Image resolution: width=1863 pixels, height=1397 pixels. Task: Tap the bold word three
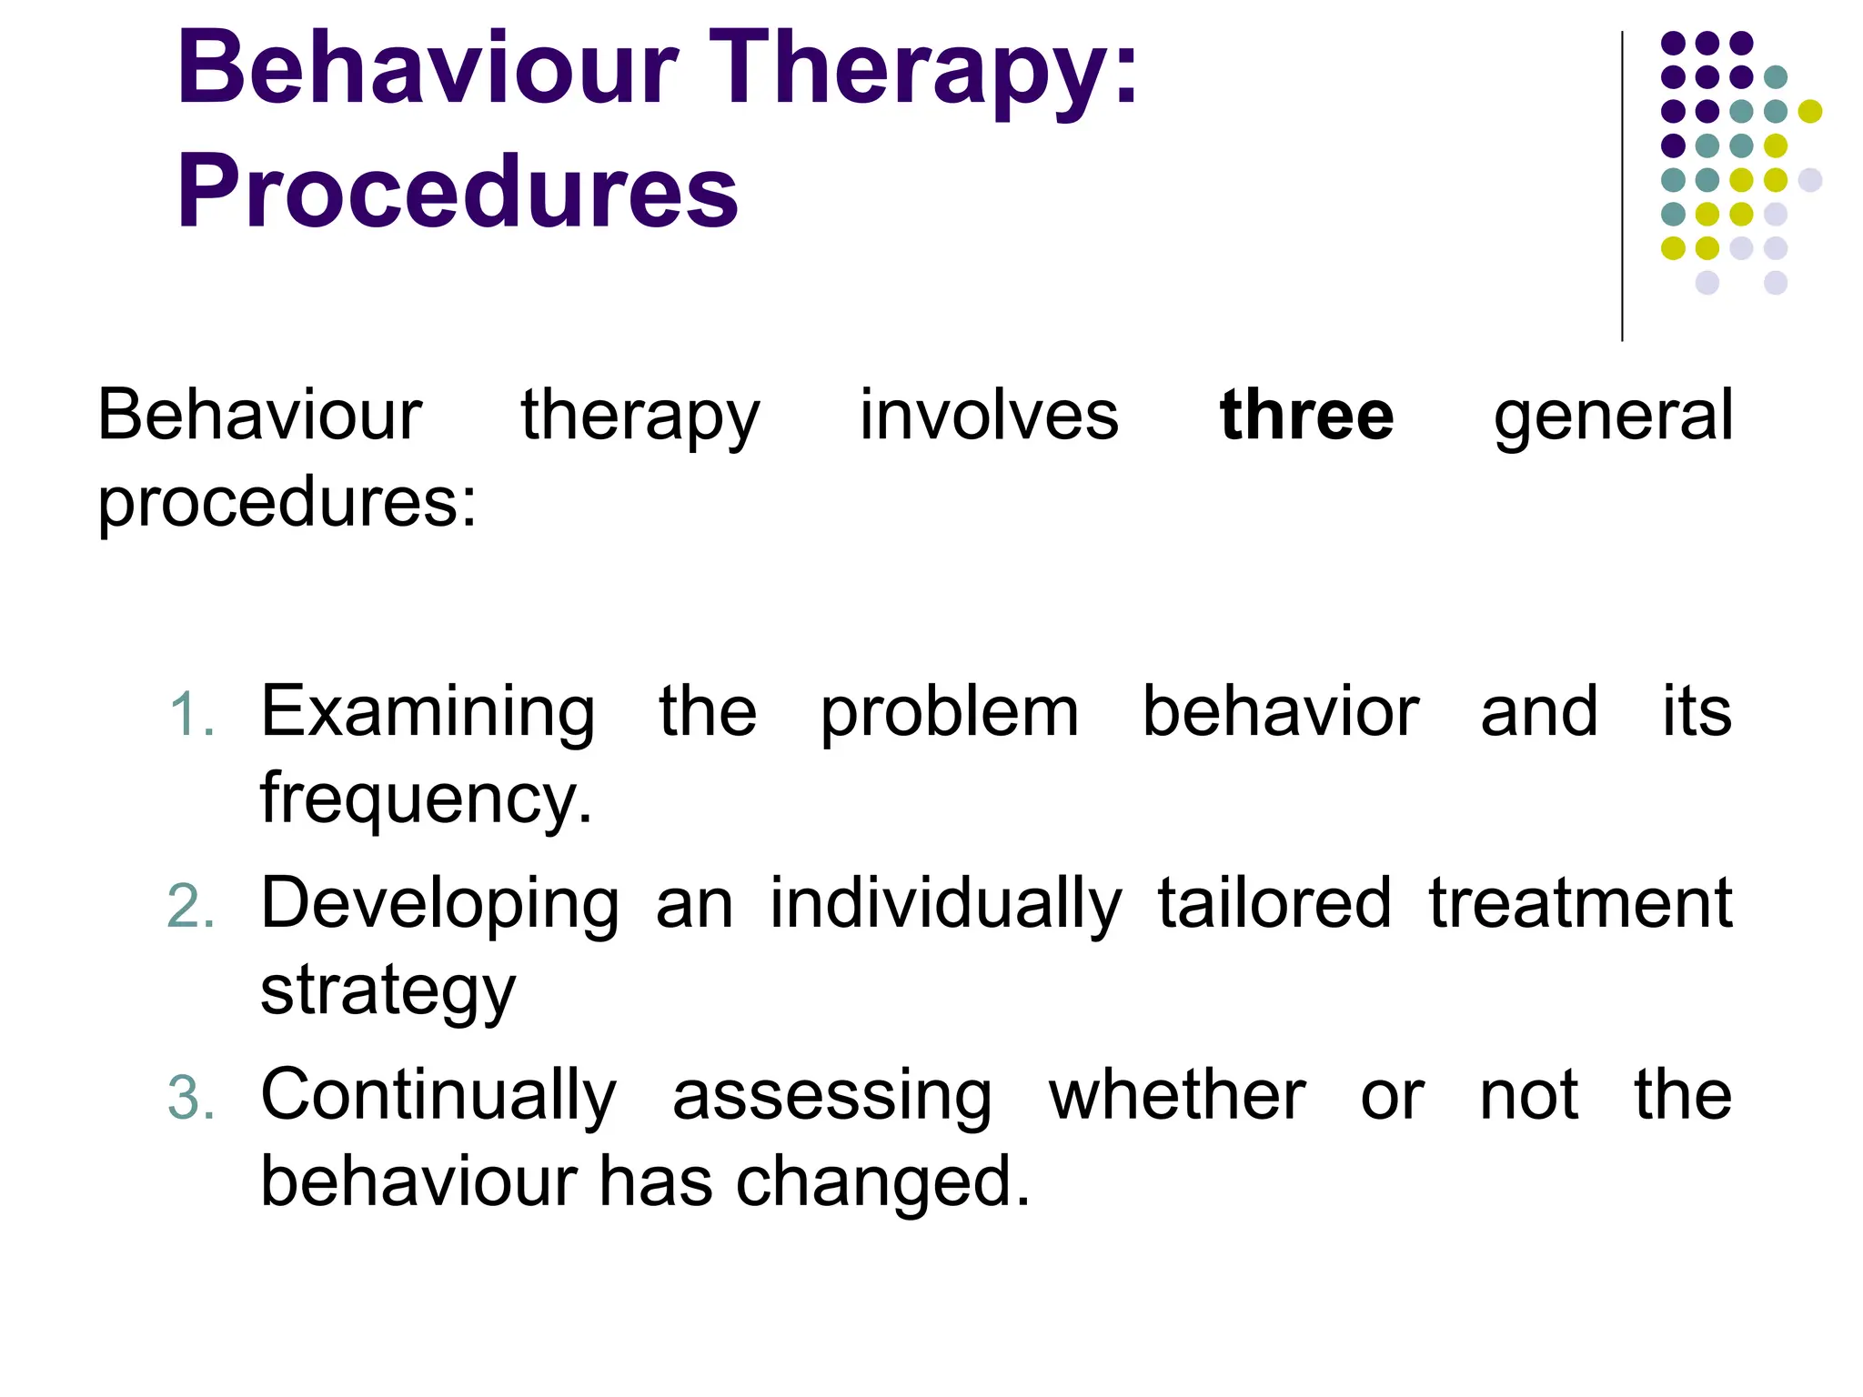click(x=1306, y=416)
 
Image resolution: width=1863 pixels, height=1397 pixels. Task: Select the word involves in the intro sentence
click(x=989, y=416)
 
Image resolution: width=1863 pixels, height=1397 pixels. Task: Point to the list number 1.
click(x=193, y=714)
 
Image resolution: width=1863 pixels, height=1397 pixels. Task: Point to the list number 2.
click(x=191, y=907)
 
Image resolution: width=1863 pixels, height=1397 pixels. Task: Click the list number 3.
click(x=191, y=1099)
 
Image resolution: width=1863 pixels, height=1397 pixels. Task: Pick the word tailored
click(x=1274, y=903)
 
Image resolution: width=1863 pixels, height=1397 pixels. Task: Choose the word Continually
click(x=438, y=1096)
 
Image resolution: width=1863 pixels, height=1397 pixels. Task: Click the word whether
click(x=1177, y=1096)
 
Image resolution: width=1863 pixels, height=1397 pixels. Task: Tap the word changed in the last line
click(x=882, y=1182)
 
